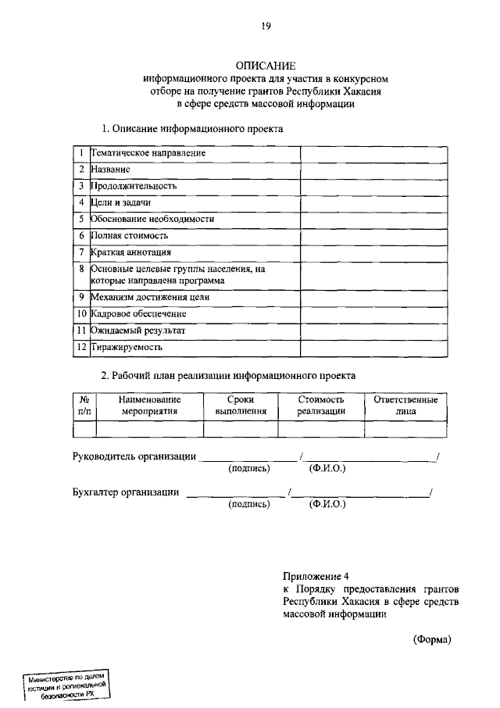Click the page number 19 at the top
click(x=266, y=26)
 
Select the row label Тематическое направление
click(x=148, y=153)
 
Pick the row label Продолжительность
click(x=134, y=186)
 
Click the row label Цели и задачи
click(x=120, y=202)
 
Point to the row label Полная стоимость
click(x=129, y=235)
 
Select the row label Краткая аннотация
click(x=130, y=252)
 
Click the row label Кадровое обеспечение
click(x=138, y=313)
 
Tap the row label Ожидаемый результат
click(x=138, y=330)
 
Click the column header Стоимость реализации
click(x=320, y=405)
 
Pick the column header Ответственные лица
click(x=405, y=405)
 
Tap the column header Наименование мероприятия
click(x=149, y=405)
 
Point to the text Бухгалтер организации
click(x=125, y=492)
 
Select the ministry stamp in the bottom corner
click(x=66, y=686)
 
